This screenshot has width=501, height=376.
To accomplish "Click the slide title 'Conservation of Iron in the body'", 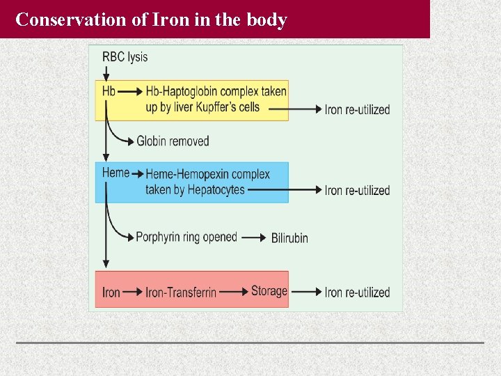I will point(151,19).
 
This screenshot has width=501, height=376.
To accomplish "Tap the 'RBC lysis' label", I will point(125,57).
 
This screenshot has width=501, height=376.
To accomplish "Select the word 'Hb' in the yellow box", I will point(109,91).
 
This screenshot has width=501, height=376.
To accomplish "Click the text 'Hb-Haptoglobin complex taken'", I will point(216,92).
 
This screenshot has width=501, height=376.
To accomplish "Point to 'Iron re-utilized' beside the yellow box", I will point(357,109).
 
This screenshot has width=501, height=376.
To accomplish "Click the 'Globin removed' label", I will point(173,141).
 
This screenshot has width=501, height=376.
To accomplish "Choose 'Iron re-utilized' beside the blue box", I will point(357,190).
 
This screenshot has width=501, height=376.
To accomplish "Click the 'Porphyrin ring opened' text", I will point(186,237).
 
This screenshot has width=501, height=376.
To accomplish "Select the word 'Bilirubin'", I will point(289,238).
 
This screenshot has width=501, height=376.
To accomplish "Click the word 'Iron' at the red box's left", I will point(111,292).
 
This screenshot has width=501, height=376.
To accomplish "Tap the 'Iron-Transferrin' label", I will point(181,292).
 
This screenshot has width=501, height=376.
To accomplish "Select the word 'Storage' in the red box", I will point(269,291).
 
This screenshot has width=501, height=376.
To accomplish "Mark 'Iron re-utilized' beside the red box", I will point(357,292).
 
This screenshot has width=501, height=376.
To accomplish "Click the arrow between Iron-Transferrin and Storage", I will point(233,292).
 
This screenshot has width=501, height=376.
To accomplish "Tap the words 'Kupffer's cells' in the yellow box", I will point(228,107).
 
